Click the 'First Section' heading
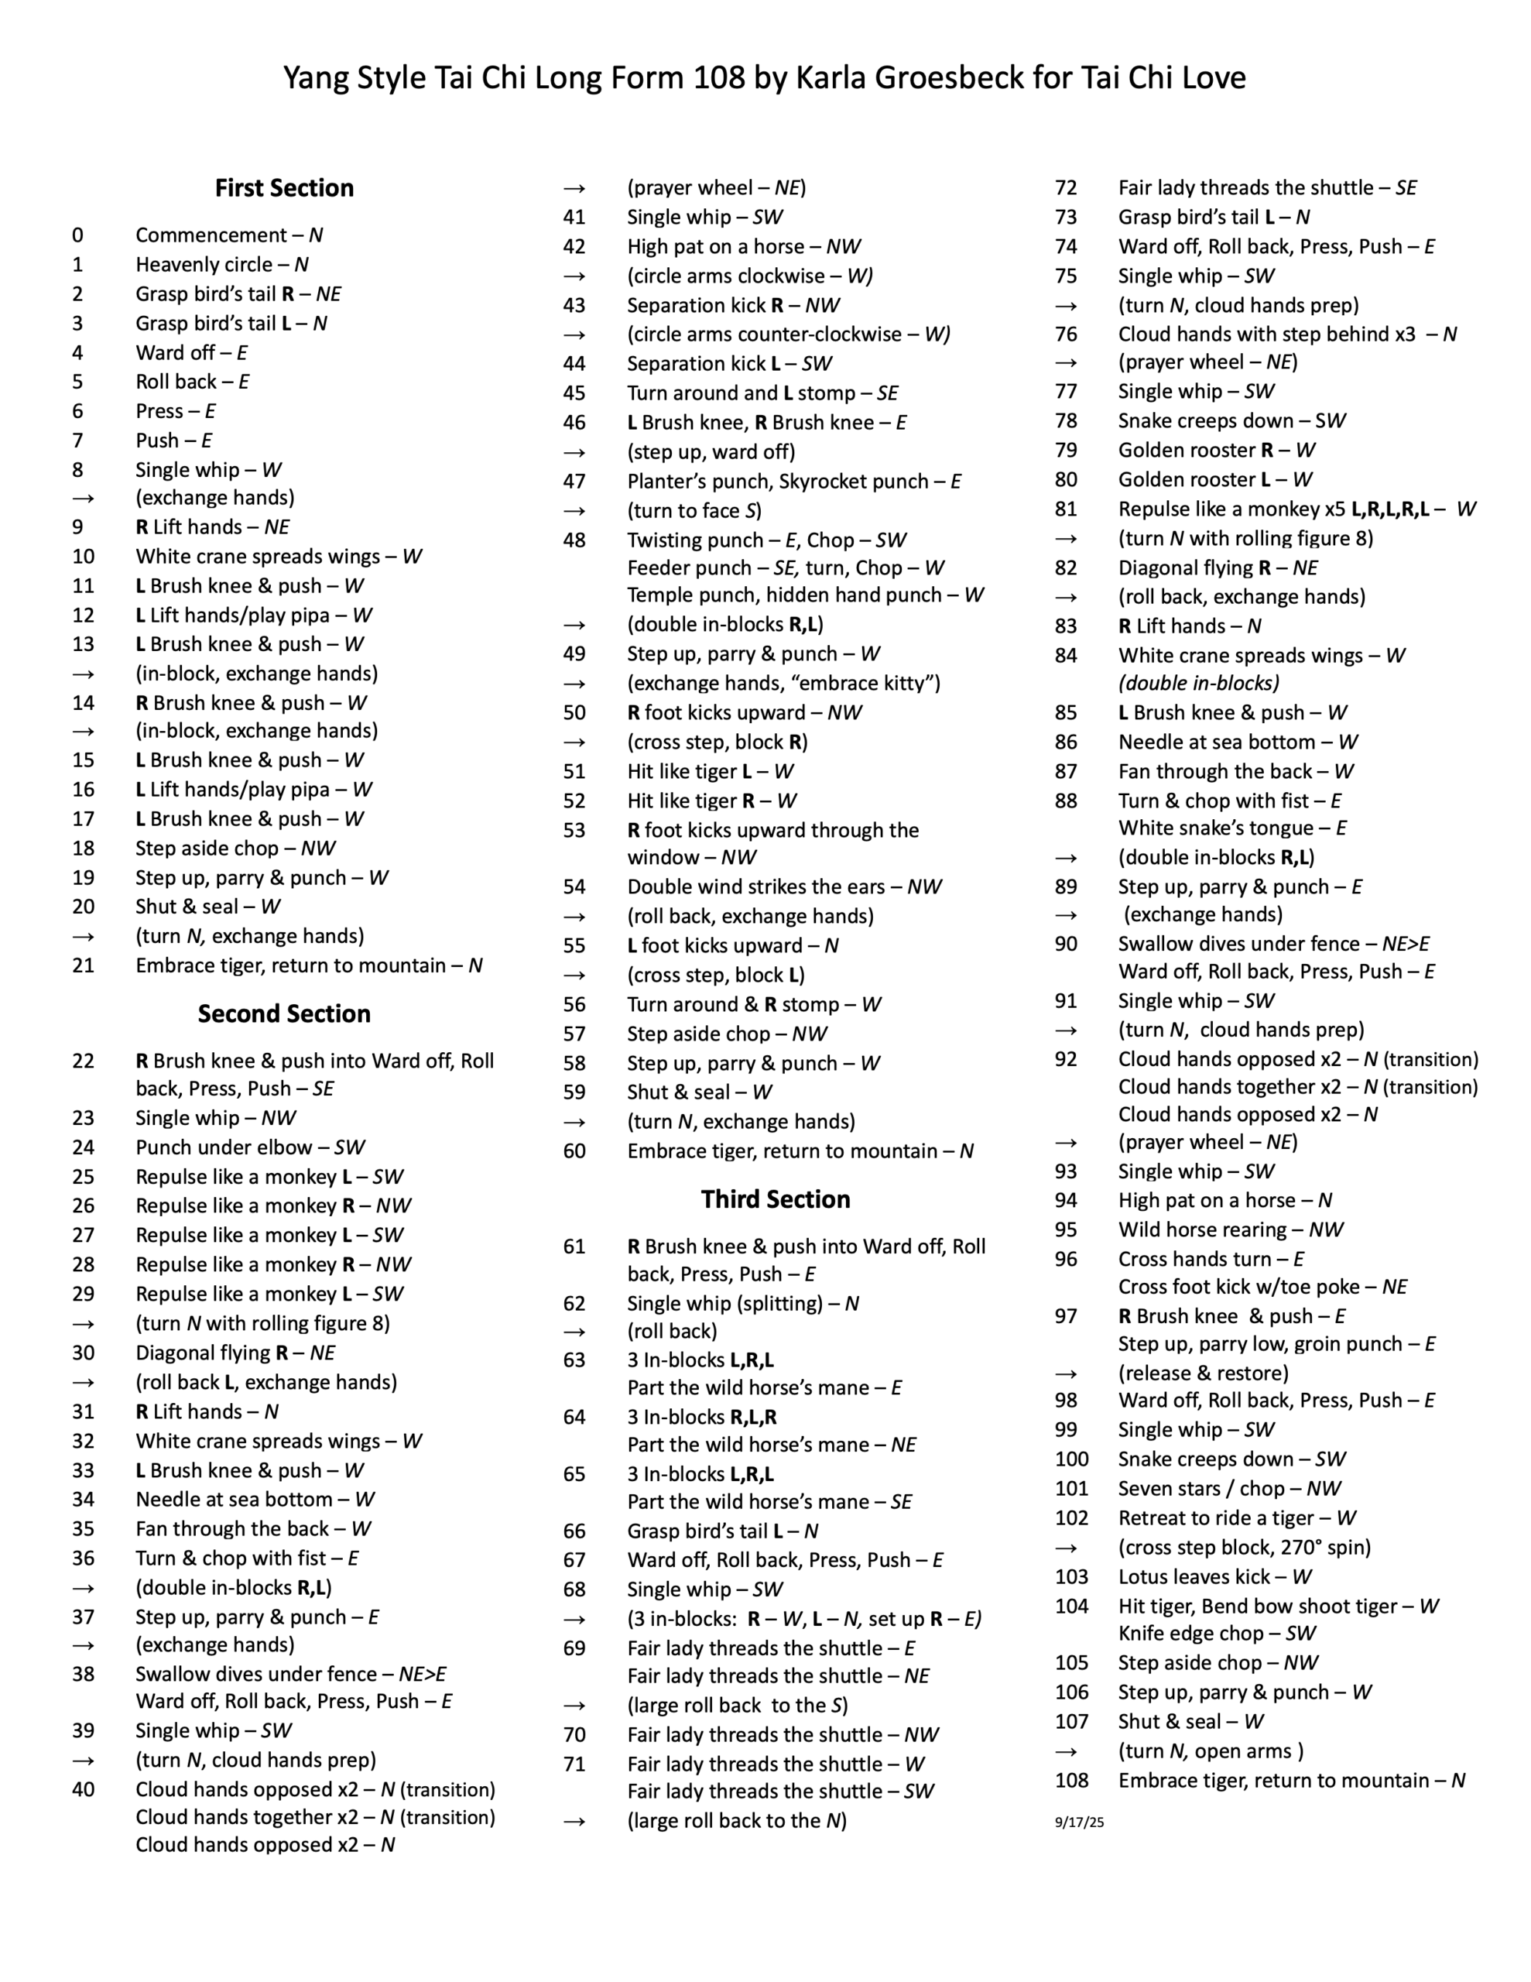click(284, 188)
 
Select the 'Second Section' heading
click(284, 1013)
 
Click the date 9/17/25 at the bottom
click(1079, 1822)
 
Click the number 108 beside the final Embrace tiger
click(1071, 1781)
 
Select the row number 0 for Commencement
click(78, 235)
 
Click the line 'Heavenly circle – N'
click(221, 264)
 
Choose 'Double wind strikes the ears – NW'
click(784, 886)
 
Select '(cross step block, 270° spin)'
click(1244, 1548)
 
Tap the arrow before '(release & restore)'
click(1067, 1373)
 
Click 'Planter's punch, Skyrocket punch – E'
click(793, 481)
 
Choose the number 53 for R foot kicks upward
click(574, 831)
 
